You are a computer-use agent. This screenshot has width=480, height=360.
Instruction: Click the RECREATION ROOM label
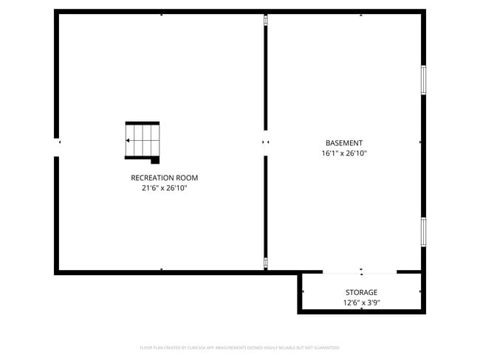click(x=164, y=178)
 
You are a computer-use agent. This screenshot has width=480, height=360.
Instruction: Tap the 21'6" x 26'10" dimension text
click(x=164, y=188)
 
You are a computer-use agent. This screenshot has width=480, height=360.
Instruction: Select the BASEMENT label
click(x=344, y=143)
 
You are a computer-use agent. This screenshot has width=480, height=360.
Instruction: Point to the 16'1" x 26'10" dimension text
click(x=344, y=153)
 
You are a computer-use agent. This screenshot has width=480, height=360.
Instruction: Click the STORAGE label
click(x=361, y=293)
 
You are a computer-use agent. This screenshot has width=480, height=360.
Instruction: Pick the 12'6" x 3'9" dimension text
click(x=361, y=303)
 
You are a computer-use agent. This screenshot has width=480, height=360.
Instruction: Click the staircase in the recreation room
click(x=143, y=140)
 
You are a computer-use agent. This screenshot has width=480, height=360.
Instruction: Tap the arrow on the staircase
click(x=129, y=140)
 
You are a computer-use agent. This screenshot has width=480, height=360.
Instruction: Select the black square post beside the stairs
click(x=155, y=160)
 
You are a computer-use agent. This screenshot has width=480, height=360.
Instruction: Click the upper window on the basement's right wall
click(x=423, y=80)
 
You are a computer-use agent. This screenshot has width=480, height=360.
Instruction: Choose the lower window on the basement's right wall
click(x=423, y=231)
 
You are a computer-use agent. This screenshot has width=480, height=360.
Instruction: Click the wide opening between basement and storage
click(x=360, y=272)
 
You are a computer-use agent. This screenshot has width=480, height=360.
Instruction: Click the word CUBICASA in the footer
click(x=195, y=347)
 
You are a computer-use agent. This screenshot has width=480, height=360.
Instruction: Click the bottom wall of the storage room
click(x=361, y=311)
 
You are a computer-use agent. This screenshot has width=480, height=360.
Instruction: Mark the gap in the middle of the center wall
click(x=266, y=142)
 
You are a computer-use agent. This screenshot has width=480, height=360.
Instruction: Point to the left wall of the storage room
click(x=300, y=292)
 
